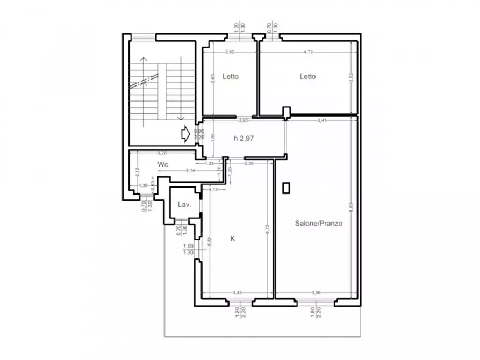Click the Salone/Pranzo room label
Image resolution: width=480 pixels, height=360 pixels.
(x=319, y=223)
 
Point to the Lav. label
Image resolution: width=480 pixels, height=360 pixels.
(x=186, y=205)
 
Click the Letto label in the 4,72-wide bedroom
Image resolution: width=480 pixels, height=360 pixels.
(x=307, y=76)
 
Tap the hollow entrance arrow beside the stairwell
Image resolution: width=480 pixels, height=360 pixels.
(x=184, y=134)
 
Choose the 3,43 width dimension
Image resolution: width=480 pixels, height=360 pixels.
(x=237, y=293)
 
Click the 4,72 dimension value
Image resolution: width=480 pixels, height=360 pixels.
(x=308, y=52)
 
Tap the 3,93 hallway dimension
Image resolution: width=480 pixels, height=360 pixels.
(x=243, y=120)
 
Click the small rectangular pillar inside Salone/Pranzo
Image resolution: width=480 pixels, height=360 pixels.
(x=286, y=188)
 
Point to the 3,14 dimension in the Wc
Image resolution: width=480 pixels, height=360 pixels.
(x=190, y=170)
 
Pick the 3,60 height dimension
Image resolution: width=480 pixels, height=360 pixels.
(x=213, y=77)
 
